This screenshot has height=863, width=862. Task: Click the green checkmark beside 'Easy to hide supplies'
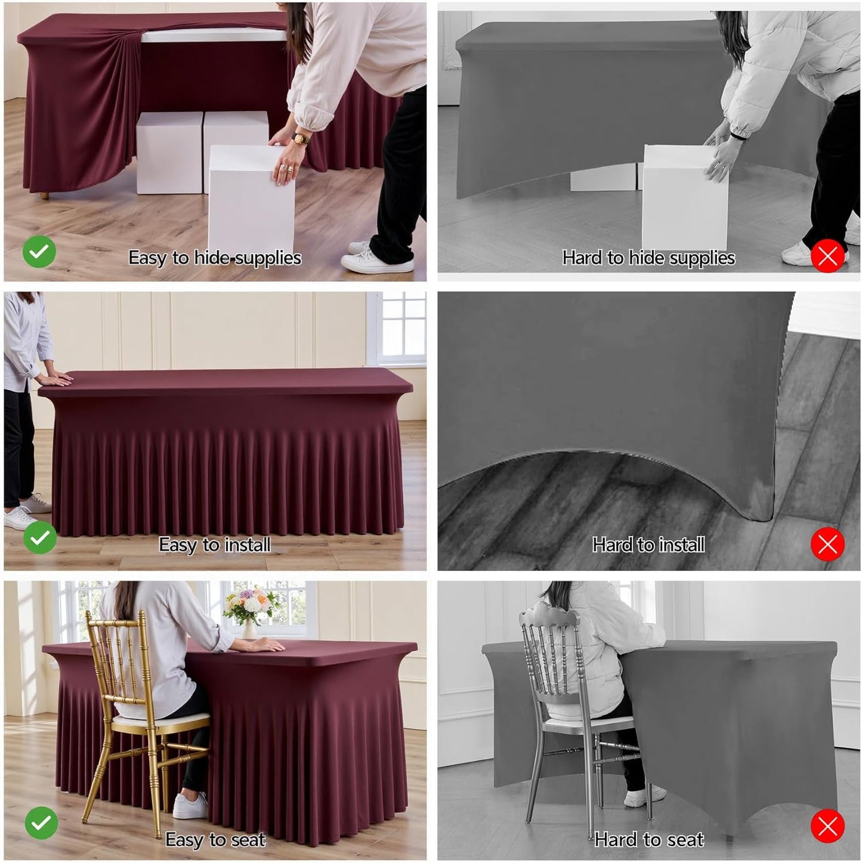tap(39, 252)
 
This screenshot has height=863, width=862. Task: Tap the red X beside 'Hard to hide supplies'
tap(827, 256)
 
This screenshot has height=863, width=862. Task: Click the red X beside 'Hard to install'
tap(827, 544)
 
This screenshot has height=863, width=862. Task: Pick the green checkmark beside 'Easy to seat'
tap(41, 823)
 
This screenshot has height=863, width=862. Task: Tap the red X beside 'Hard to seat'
tap(827, 826)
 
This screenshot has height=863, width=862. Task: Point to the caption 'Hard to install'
tap(648, 545)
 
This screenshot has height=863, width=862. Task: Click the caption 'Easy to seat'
tap(215, 840)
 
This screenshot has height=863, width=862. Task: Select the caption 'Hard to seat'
tap(649, 840)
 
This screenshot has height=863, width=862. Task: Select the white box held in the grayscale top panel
tap(684, 197)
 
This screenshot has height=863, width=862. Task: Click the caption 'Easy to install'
tap(215, 545)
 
